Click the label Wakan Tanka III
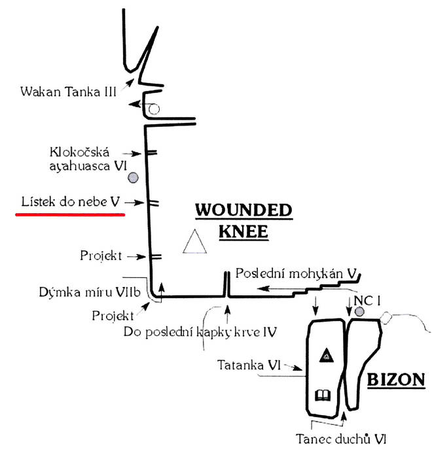point(68,90)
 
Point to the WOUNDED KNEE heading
point(243,220)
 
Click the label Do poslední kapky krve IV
point(199,331)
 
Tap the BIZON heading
point(393,379)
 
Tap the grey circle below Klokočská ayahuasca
point(134,177)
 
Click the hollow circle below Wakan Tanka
point(153,109)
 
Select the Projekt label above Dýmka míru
point(101,256)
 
